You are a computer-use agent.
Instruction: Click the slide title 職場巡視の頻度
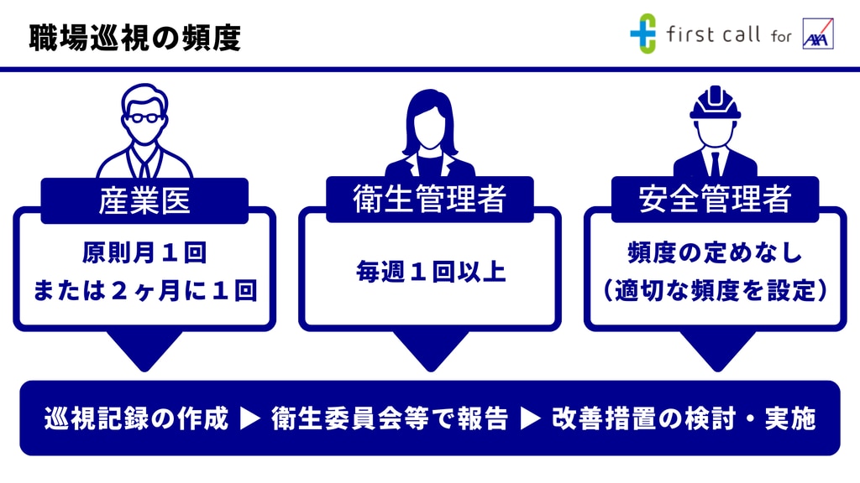[x=135, y=38]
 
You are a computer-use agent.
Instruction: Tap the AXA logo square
[x=818, y=34]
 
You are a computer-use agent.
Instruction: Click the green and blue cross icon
[x=642, y=34]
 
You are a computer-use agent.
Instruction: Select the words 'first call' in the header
[x=713, y=34]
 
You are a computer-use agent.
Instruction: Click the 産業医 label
[x=144, y=200]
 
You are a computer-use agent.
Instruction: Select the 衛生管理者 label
[x=429, y=198]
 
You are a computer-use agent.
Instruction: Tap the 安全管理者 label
[x=715, y=198]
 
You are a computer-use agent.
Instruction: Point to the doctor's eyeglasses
[x=144, y=117]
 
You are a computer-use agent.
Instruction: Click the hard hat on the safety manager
[x=716, y=103]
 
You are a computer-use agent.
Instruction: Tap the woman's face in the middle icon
[x=429, y=125]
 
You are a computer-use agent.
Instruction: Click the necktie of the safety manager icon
[x=715, y=164]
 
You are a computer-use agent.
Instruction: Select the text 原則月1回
[x=144, y=253]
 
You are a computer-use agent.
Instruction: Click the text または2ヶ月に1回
[x=144, y=290]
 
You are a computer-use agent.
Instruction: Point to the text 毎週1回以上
[x=431, y=272]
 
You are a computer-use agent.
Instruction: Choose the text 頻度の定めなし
[x=715, y=253]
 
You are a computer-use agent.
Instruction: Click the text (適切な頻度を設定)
[x=715, y=290]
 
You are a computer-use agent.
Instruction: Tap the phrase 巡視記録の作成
[x=136, y=418]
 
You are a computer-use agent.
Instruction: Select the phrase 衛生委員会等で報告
[x=390, y=418]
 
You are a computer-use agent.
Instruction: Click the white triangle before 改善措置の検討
[x=530, y=418]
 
